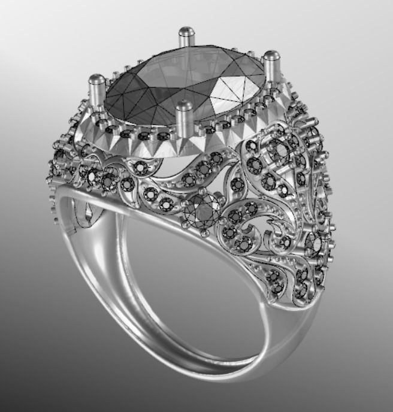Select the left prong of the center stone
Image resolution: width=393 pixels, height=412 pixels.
pyautogui.click(x=96, y=90)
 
